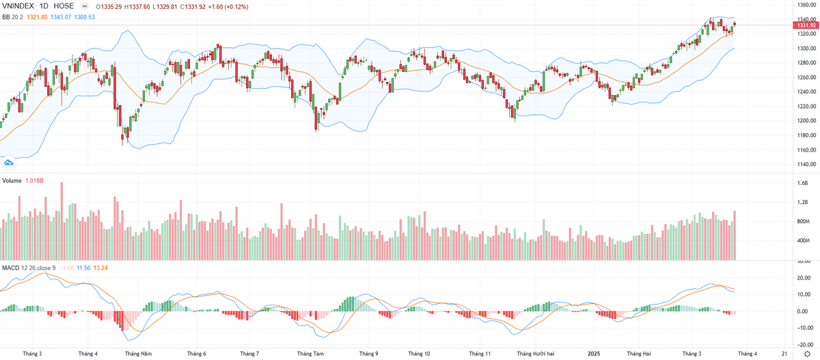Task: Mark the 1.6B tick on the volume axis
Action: [802, 183]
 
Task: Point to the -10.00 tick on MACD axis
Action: [802, 327]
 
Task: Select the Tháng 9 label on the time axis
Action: [368, 354]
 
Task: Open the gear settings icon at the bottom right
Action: [806, 354]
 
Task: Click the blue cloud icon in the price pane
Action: [9, 162]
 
